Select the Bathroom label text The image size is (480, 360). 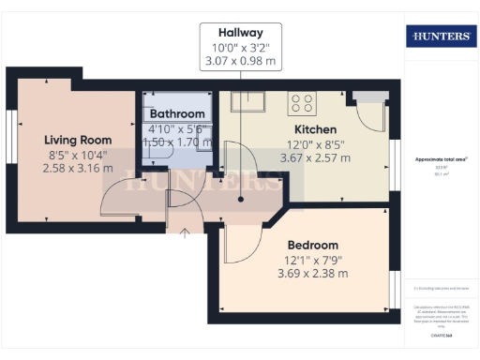177,114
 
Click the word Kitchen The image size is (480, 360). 315,129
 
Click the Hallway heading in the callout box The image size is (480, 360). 240,31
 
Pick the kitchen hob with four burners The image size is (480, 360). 302,100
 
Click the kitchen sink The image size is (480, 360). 250,100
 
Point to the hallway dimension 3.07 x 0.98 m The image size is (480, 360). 240,62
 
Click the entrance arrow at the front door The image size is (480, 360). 184,232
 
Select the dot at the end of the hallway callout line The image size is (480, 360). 241,199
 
